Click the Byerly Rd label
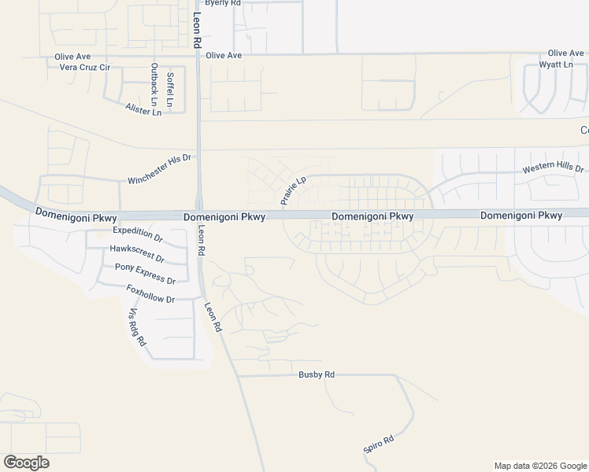click(x=222, y=3)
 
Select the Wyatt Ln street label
click(x=555, y=64)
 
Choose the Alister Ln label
click(x=143, y=111)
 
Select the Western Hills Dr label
click(x=554, y=169)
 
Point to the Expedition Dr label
click(x=137, y=234)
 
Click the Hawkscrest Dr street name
click(x=137, y=253)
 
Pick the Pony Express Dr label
click(x=145, y=273)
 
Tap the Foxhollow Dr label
click(x=150, y=294)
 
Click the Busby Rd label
click(x=317, y=375)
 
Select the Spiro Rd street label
click(x=378, y=445)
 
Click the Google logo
click(x=26, y=463)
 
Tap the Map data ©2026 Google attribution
click(x=540, y=466)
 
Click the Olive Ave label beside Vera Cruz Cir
click(x=72, y=57)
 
